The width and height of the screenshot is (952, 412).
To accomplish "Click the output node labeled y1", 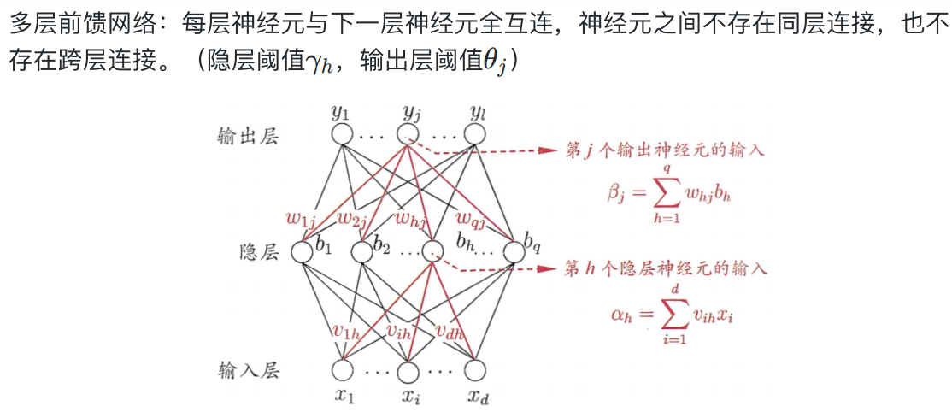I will click(342, 134).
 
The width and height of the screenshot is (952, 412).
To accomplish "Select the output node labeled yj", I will click(408, 134).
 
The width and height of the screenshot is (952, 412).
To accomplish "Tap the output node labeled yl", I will click(474, 134).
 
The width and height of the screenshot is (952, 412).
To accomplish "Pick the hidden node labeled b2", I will click(361, 252).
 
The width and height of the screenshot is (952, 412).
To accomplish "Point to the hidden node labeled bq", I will click(514, 252).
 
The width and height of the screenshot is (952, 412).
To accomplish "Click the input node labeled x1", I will click(342, 371).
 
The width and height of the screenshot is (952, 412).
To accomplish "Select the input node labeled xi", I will click(408, 371).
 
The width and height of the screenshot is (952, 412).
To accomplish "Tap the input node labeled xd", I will click(474, 371).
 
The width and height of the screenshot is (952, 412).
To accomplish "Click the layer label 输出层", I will click(248, 137).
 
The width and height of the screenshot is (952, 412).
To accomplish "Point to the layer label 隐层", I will click(259, 252).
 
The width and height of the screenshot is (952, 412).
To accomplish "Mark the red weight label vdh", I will click(450, 332).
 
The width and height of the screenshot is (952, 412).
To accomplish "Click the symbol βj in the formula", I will click(617, 195).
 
